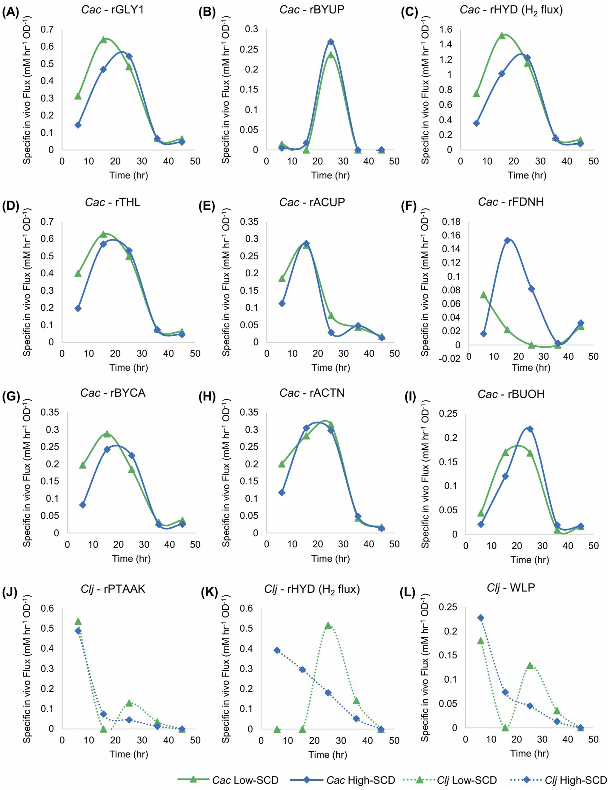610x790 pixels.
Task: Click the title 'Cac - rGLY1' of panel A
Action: (113, 9)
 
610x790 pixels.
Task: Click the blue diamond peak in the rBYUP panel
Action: (330, 42)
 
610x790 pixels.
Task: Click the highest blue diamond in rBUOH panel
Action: (530, 429)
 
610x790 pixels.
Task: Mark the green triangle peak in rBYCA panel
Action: (107, 434)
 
